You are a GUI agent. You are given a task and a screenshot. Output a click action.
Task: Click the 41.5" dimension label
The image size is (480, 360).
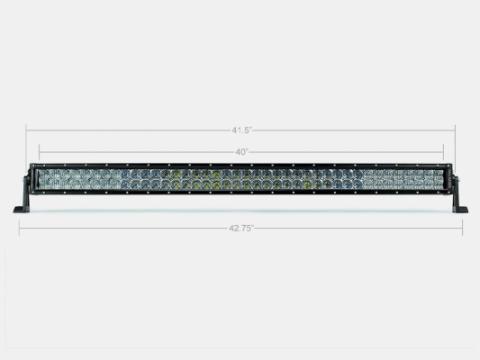click(241, 129)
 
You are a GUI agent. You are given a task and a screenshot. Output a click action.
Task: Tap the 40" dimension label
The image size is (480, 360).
click(241, 152)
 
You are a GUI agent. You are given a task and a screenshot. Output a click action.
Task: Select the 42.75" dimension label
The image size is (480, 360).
click(241, 229)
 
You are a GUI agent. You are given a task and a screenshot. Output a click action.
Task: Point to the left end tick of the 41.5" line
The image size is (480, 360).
click(27, 129)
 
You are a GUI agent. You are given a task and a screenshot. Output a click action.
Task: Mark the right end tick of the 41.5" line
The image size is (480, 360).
click(456, 129)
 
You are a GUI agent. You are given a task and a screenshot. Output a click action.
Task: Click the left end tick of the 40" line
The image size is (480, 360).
click(39, 152)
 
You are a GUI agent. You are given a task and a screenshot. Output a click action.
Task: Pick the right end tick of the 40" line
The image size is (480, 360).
click(443, 152)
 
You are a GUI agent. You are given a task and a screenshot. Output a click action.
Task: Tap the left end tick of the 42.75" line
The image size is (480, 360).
click(18, 228)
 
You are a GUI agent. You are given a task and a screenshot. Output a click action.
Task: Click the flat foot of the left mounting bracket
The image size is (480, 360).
click(21, 209)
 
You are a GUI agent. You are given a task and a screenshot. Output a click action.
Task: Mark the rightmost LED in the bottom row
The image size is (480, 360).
click(438, 188)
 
